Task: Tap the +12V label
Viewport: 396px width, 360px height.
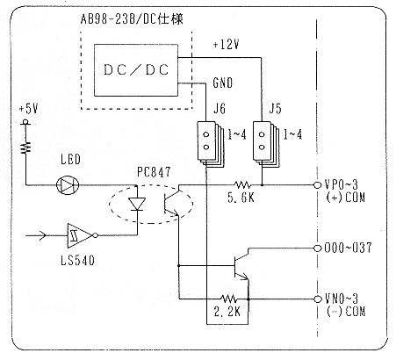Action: point(227,45)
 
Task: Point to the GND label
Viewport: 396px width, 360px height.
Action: point(223,83)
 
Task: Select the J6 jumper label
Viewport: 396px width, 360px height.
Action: point(220,109)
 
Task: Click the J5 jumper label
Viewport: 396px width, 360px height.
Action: point(275,109)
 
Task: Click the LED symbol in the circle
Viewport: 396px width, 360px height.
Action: point(68,185)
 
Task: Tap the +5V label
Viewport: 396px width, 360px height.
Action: point(29,109)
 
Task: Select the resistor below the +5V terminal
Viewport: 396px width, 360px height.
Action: point(25,147)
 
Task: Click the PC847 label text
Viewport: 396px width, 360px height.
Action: point(154,172)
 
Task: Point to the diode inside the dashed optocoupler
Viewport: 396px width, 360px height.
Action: point(137,204)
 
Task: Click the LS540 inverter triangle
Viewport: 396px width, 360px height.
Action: point(81,235)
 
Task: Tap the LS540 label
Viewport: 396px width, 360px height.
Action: point(78,260)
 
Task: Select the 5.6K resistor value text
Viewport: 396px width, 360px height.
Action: point(241,198)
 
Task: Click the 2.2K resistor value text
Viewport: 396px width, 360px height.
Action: point(227,312)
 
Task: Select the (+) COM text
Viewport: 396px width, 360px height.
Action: point(345,198)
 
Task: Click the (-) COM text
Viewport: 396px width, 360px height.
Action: point(346,311)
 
